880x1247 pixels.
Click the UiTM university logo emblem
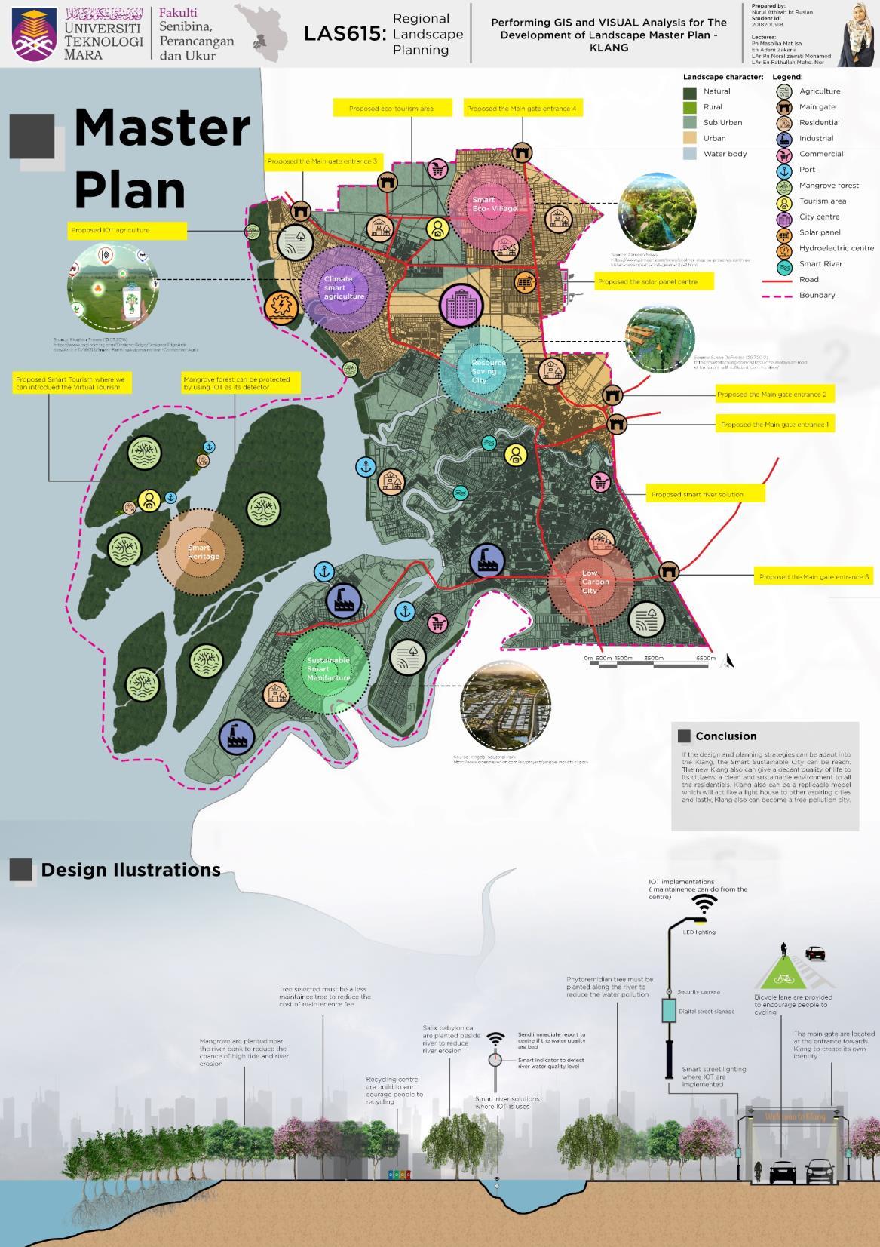point(35,34)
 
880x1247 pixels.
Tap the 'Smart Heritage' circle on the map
point(201,551)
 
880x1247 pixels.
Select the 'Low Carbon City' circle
point(591,582)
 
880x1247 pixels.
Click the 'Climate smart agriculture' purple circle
point(343,288)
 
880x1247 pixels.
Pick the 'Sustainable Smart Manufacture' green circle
point(327,669)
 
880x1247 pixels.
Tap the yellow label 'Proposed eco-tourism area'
point(391,109)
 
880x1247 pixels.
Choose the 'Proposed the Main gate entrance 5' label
point(813,577)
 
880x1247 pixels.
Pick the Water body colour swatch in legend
point(690,154)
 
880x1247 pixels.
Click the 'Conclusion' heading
point(725,736)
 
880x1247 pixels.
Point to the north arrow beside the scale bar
point(728,662)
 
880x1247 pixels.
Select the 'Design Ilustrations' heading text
point(130,870)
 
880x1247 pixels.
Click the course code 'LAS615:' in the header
point(345,34)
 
